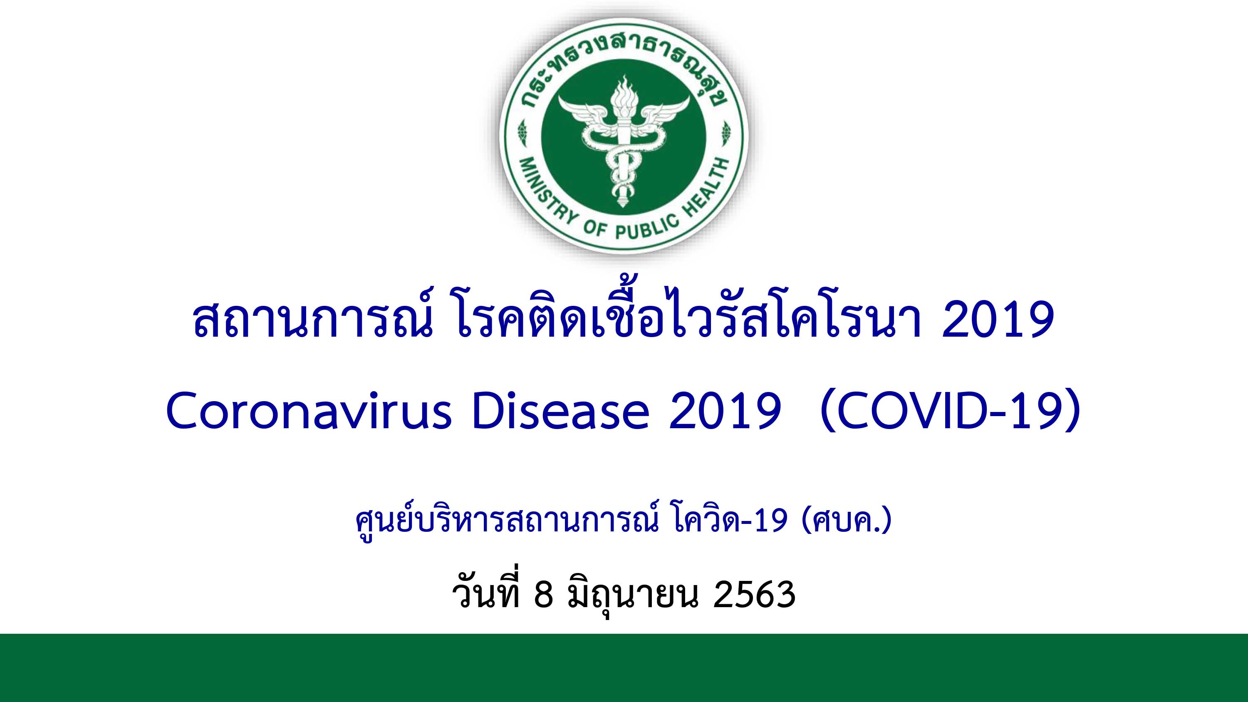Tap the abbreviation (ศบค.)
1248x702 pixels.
click(x=847, y=523)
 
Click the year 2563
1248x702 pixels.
click(x=754, y=595)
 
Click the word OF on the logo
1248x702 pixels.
click(x=594, y=228)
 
